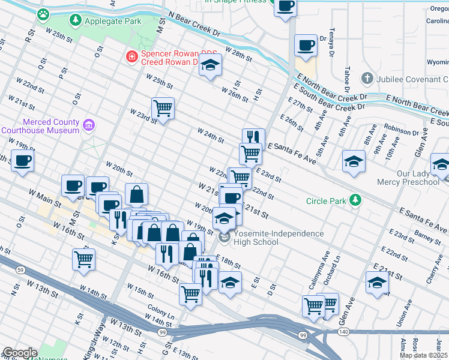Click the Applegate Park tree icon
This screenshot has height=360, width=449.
tap(76, 21)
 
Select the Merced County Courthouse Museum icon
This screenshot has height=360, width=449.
tap(88, 125)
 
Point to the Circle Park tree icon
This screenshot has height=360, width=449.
tap(356, 200)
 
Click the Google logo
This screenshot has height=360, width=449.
tap(20, 353)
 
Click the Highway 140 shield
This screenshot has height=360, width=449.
tap(343, 331)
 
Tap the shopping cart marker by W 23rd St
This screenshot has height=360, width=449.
tap(163, 108)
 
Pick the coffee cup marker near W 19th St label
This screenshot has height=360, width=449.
tap(22, 160)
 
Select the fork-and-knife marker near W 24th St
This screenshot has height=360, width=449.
tap(253, 137)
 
